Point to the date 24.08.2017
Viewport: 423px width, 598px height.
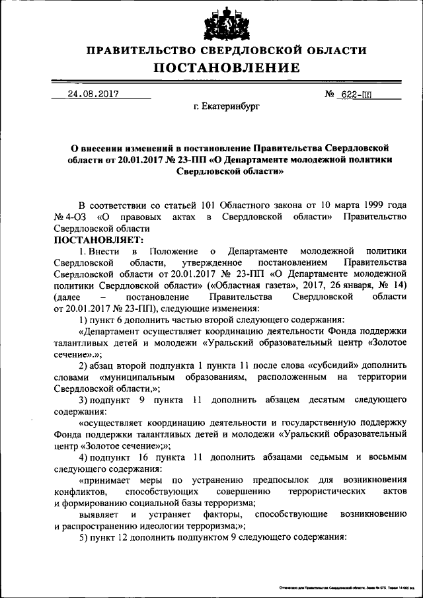[x=93, y=94]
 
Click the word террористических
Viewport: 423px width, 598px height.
[x=325, y=492]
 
